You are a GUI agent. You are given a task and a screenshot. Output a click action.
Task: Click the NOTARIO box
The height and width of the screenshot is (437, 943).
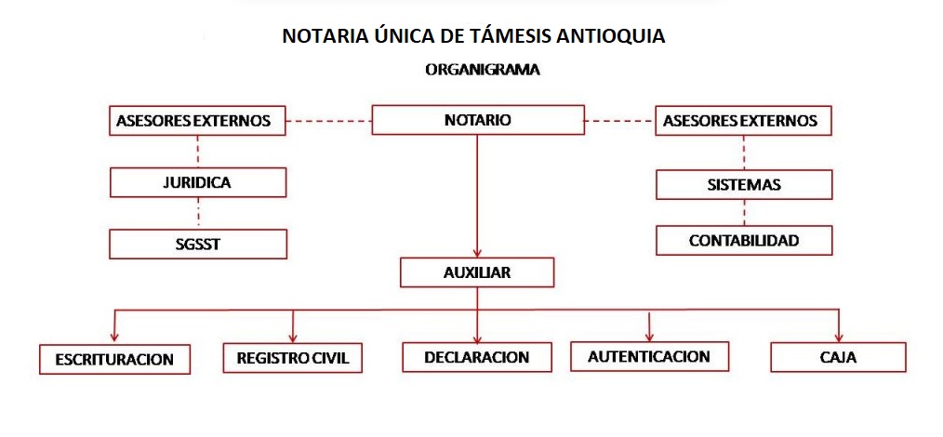(478, 120)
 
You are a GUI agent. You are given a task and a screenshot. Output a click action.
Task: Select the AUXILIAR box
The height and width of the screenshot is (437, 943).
(477, 272)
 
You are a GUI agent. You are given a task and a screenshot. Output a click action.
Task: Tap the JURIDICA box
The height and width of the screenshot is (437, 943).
(198, 182)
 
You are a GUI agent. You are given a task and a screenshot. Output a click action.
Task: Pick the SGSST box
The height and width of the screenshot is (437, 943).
(198, 244)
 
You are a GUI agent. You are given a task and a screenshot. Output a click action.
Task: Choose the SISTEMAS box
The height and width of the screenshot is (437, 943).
(744, 184)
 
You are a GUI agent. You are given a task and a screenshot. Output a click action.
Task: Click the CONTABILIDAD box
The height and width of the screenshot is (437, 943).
(744, 241)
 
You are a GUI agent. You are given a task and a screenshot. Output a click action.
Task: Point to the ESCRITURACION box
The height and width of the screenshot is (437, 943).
(115, 359)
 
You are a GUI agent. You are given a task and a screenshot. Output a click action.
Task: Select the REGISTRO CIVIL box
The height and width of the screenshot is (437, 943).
(292, 358)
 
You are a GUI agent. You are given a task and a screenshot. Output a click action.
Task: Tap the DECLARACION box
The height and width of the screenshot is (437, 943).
(477, 357)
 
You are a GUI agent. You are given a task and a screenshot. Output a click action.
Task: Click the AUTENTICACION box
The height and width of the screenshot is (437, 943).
(649, 356)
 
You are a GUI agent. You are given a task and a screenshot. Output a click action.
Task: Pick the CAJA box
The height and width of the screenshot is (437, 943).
(838, 358)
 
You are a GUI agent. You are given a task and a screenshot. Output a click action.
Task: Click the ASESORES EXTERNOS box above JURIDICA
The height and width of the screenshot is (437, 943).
(198, 121)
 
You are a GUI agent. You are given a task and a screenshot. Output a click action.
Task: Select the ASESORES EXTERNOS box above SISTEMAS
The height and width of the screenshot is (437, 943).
(744, 121)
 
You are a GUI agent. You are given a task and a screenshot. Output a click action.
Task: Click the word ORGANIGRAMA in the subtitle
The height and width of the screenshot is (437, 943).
(483, 70)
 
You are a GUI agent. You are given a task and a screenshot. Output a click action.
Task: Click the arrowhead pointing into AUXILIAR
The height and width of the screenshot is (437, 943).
(477, 253)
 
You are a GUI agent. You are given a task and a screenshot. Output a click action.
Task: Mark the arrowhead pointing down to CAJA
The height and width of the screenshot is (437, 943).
(839, 338)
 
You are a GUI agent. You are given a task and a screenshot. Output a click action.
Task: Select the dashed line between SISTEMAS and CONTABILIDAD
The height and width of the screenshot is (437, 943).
(744, 212)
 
